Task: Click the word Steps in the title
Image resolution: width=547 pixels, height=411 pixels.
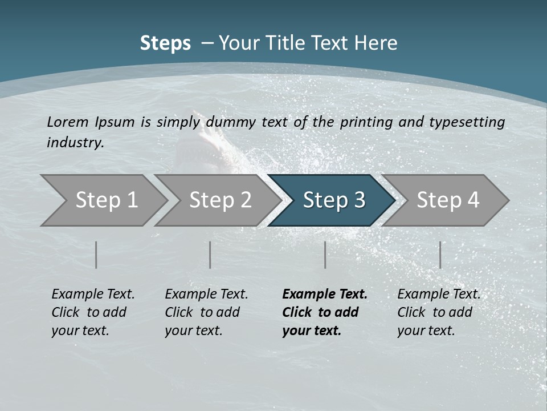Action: (x=165, y=43)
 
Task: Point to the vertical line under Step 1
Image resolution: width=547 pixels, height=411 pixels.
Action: (x=96, y=255)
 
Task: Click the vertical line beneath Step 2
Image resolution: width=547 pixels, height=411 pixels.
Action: (x=210, y=255)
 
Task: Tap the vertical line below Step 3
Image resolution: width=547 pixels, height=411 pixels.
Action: (x=325, y=255)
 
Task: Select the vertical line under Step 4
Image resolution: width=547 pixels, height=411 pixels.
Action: (x=440, y=255)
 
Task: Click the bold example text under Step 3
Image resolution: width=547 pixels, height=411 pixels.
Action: (x=324, y=312)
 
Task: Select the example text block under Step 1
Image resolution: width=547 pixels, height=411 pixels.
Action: (x=93, y=312)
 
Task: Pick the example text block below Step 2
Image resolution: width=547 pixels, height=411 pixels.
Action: (x=206, y=312)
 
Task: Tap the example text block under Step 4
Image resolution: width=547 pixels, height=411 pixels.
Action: (x=439, y=312)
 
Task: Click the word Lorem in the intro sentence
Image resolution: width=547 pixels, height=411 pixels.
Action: (x=68, y=122)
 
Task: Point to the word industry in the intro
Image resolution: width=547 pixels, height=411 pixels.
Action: (x=75, y=143)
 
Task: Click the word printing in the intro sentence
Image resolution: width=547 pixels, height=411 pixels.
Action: (x=367, y=122)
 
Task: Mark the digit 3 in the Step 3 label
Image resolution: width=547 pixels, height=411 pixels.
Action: (x=359, y=200)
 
